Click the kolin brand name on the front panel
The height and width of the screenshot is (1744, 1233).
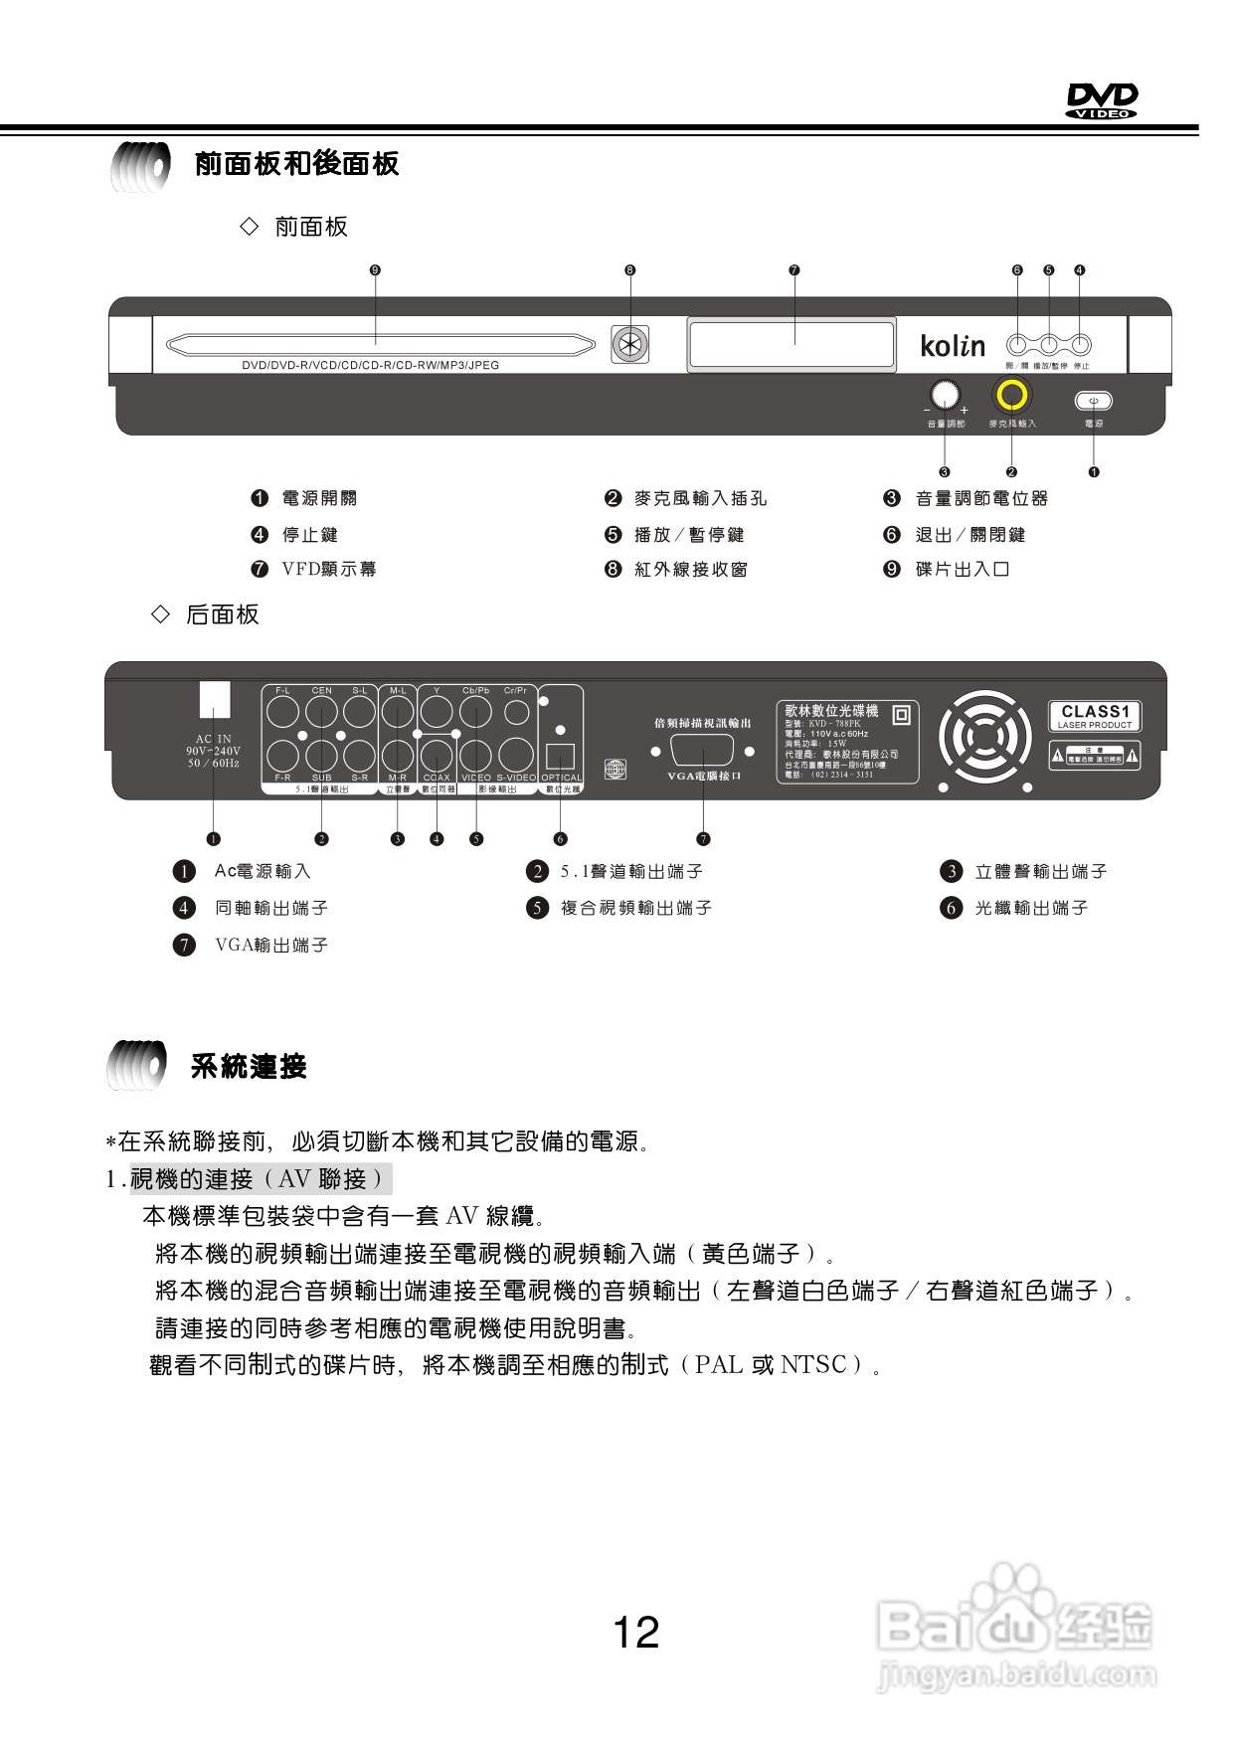tap(953, 346)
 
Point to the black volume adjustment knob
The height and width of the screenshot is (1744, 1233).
tap(946, 395)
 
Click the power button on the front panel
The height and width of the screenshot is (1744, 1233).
tap(1093, 401)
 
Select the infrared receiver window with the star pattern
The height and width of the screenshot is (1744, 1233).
tap(629, 345)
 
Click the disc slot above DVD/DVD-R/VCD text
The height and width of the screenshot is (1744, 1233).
tap(380, 345)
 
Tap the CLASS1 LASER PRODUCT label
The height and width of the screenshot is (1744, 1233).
tap(1095, 716)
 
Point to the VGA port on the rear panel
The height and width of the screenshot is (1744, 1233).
tap(703, 752)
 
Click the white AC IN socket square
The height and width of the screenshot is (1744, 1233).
tap(215, 699)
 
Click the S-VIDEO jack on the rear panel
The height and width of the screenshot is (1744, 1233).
tap(516, 757)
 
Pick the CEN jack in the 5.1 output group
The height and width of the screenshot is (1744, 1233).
tap(321, 712)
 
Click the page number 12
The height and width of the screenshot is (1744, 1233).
tap(635, 1633)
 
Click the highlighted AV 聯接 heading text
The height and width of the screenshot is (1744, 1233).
tap(261, 1179)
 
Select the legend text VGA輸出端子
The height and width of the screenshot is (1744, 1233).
tap(271, 945)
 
